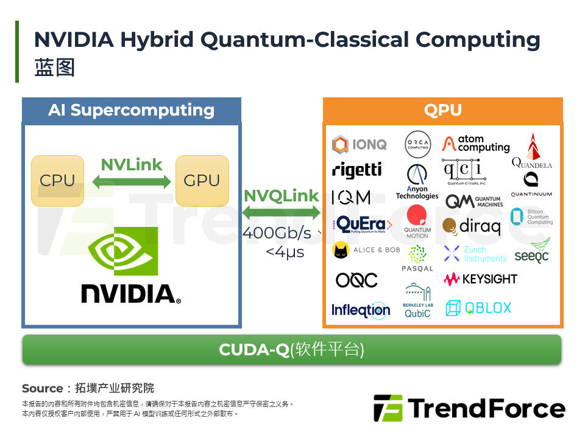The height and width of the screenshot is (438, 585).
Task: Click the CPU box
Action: [x=57, y=180]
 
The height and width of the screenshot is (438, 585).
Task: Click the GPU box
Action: [x=202, y=180]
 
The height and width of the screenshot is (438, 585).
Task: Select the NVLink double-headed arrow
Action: [x=132, y=181]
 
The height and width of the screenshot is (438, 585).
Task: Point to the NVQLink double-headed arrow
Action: [x=282, y=212]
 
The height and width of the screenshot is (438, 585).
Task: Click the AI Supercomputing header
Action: [x=131, y=110]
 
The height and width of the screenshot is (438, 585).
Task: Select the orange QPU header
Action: [x=442, y=110]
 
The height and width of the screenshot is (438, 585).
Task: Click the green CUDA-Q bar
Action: [x=291, y=350]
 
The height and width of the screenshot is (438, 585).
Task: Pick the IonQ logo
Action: [x=359, y=145]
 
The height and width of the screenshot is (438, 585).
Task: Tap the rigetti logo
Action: [x=357, y=170]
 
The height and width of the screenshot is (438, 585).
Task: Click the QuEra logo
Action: [x=359, y=224]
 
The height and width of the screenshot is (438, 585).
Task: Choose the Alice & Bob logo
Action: [x=366, y=250]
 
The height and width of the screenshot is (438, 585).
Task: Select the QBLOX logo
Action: [x=478, y=308]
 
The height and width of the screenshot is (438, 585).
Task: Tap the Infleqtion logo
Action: [x=360, y=310]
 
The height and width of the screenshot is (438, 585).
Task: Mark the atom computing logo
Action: [x=476, y=144]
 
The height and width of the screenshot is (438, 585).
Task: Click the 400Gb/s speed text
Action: [x=277, y=233]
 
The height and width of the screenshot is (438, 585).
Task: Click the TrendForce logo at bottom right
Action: [x=469, y=408]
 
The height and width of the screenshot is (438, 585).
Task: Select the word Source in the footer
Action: [x=43, y=388]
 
